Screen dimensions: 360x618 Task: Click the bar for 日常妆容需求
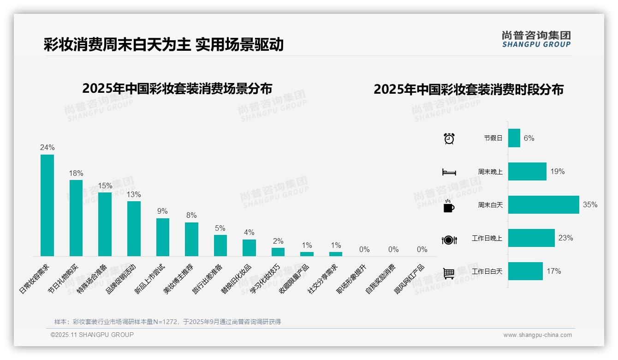(47, 205)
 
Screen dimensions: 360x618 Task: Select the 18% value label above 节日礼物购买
(76, 173)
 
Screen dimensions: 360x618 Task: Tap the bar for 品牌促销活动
(134, 228)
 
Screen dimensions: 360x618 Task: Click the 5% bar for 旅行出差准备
(220, 246)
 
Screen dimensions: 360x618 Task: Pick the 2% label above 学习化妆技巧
(278, 241)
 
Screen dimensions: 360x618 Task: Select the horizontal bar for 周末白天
(543, 205)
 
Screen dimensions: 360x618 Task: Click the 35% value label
(590, 205)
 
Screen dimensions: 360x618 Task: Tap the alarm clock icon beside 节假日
(449, 138)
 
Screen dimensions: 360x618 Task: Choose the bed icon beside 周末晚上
(449, 172)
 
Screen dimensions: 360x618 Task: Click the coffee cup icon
(449, 206)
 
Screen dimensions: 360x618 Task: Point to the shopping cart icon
(449, 273)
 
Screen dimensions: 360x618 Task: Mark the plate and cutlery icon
(449, 240)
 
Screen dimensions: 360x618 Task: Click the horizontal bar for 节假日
(514, 138)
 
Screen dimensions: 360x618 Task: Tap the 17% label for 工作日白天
(554, 271)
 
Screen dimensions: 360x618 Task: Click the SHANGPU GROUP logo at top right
(536, 39)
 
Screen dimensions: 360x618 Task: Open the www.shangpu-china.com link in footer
(537, 335)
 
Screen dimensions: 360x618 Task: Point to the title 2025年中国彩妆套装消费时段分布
(469, 90)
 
